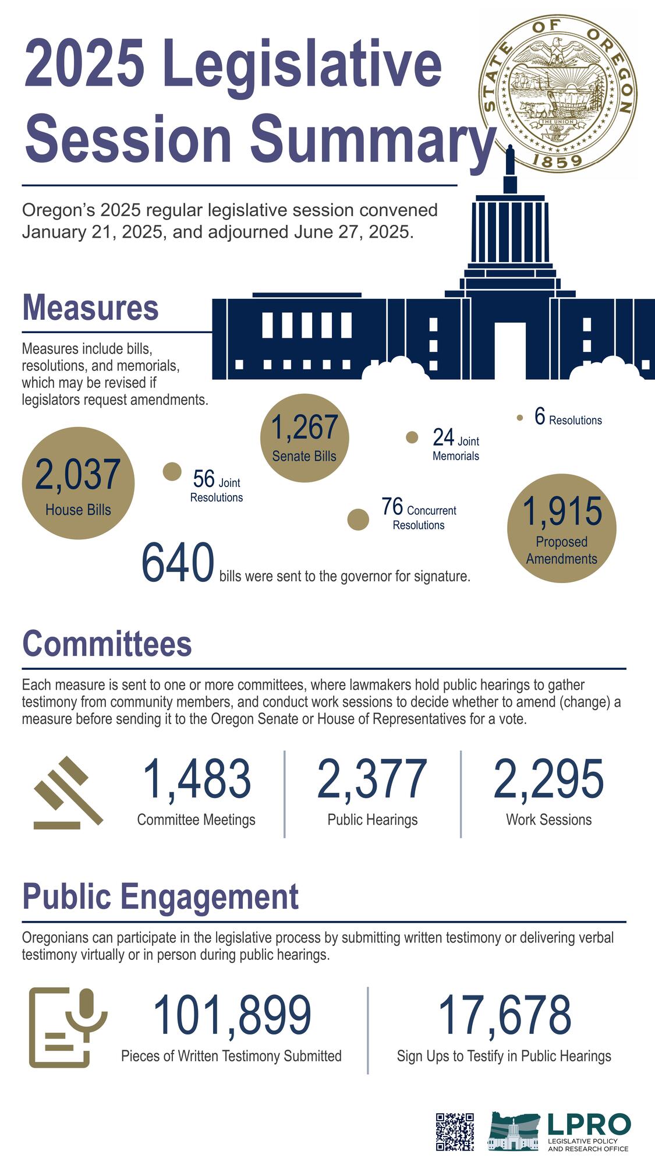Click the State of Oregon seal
(x=557, y=93)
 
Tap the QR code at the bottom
(x=455, y=1131)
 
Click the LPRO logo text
(x=588, y=1125)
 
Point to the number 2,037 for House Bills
(x=77, y=475)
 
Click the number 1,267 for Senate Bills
(x=304, y=428)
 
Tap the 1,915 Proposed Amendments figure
(x=561, y=511)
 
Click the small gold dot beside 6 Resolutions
(x=520, y=418)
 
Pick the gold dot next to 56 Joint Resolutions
(x=172, y=472)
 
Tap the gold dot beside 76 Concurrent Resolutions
(x=358, y=520)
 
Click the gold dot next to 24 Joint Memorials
(x=412, y=437)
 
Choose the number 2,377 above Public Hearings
(x=372, y=779)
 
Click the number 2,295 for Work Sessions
(x=548, y=779)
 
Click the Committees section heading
(x=107, y=644)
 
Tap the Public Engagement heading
(x=160, y=897)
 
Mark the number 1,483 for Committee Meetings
(x=196, y=779)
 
